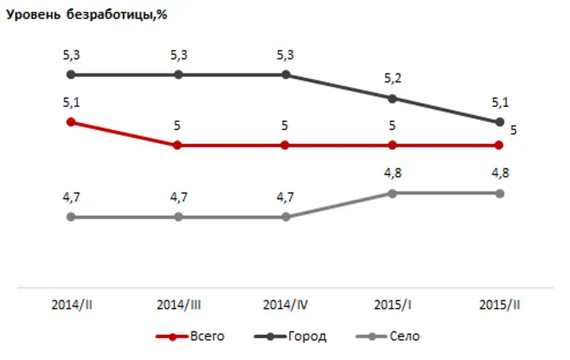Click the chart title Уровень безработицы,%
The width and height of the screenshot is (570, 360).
click(87, 16)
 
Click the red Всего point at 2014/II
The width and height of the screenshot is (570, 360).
click(71, 122)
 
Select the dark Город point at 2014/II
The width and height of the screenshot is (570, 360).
click(71, 74)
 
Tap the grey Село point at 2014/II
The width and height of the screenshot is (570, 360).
click(71, 217)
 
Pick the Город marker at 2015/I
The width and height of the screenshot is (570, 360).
click(392, 98)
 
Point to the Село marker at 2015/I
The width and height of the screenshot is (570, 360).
click(392, 193)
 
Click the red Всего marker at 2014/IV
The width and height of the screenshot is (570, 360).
click(285, 145)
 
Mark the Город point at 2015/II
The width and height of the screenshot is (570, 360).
click(499, 122)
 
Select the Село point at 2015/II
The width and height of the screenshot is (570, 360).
click(499, 193)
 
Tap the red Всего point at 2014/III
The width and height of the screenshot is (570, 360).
click(178, 145)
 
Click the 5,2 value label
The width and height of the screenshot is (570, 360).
click(392, 79)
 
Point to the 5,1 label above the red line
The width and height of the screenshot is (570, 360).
click(71, 103)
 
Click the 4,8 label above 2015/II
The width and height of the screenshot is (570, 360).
click(499, 174)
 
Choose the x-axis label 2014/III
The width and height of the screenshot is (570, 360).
click(178, 304)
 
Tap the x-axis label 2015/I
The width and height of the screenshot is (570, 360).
click(392, 304)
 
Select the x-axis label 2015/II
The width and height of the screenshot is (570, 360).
click(499, 304)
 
